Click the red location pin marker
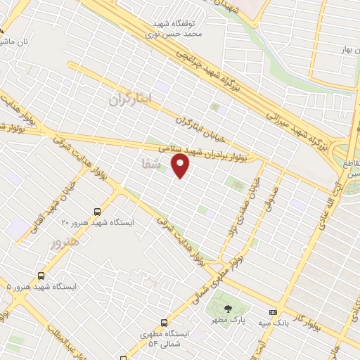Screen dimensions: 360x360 tap(181, 166)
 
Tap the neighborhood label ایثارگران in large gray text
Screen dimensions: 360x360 tap(130, 99)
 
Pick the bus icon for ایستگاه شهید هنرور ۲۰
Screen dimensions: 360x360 tap(97, 210)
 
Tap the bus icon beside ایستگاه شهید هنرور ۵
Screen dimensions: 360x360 tap(41, 276)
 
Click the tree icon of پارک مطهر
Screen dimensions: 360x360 tap(227, 309)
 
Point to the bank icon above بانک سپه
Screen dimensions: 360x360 tap(273, 312)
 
